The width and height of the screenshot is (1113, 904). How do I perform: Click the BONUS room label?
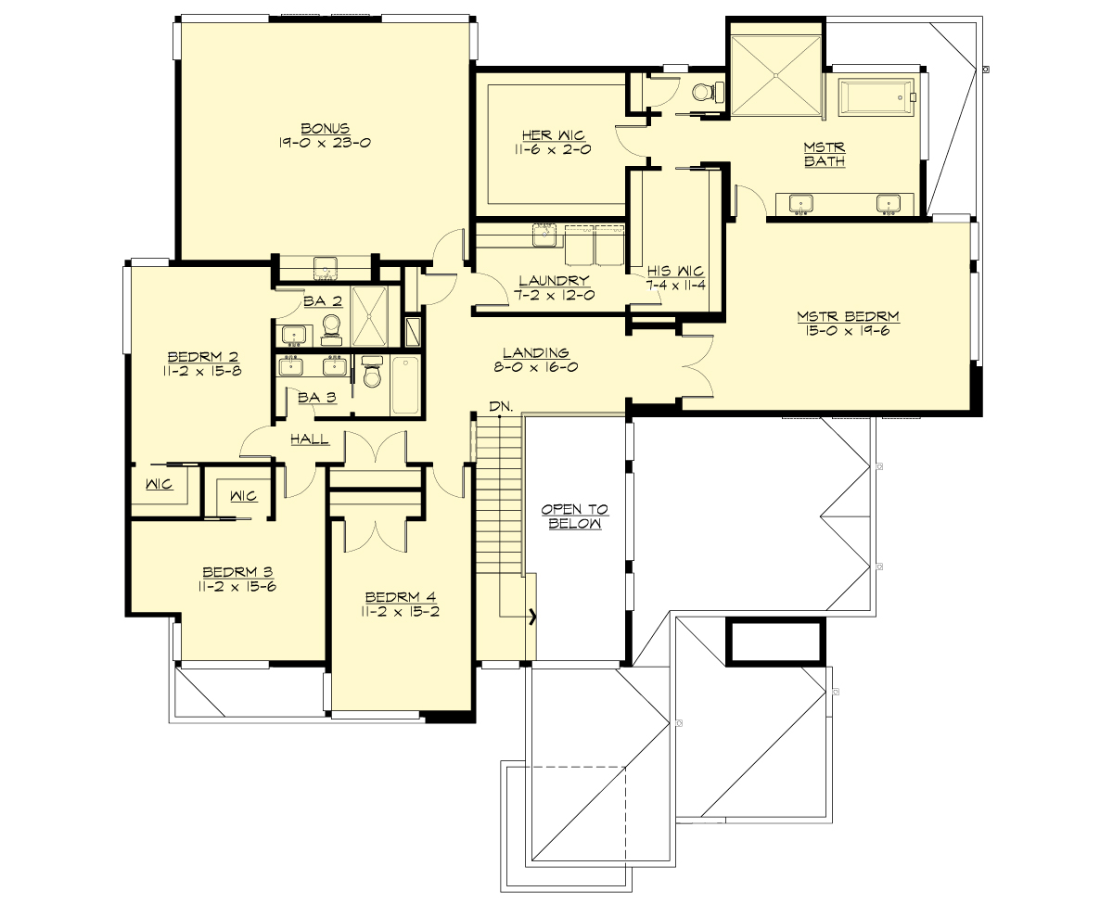tap(325, 128)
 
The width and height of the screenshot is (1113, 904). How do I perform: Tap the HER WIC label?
tap(545, 135)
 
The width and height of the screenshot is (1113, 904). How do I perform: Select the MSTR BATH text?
tap(825, 155)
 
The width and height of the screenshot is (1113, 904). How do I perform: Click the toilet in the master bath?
tap(709, 93)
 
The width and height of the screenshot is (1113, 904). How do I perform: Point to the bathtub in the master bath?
tap(876, 96)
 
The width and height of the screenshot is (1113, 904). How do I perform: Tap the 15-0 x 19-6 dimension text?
tap(848, 331)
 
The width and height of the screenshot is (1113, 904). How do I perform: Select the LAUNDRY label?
tap(554, 281)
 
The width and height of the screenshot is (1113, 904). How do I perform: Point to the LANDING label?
tap(535, 352)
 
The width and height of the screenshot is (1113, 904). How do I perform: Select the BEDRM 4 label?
tap(402, 596)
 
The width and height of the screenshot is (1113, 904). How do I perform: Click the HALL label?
tap(310, 439)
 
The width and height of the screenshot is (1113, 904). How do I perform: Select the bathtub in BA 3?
tap(405, 385)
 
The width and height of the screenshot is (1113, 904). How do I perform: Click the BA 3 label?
tap(317, 397)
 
